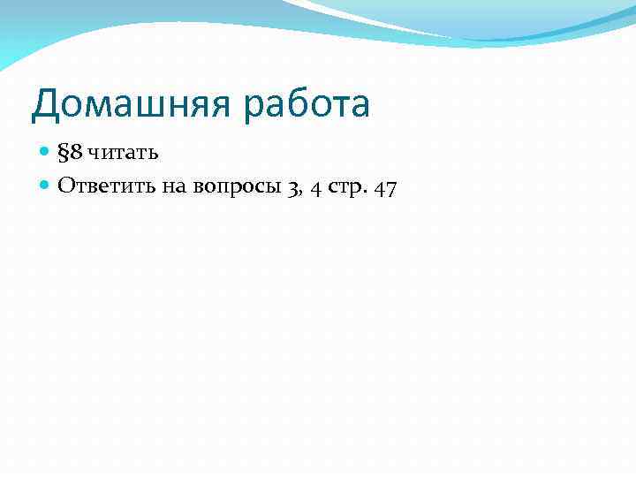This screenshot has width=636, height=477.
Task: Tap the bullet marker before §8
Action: [x=46, y=153]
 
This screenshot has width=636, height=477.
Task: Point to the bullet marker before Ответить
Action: [x=46, y=185]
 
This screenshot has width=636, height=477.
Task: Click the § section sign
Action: [x=63, y=153]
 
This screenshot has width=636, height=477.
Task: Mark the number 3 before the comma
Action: [x=292, y=187]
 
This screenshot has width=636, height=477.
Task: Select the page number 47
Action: [x=385, y=187]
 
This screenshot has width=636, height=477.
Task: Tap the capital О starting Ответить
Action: [x=66, y=185]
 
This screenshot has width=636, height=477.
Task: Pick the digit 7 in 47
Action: [x=391, y=187]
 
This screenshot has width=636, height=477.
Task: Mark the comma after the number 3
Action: [x=300, y=193]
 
